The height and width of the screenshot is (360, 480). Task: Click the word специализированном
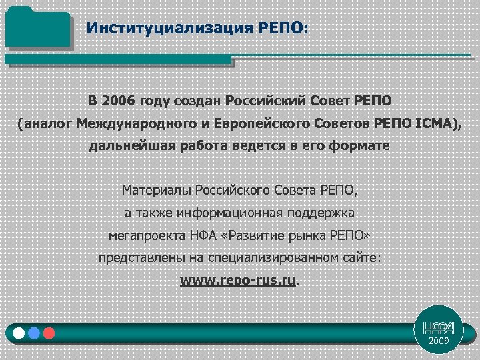(279, 258)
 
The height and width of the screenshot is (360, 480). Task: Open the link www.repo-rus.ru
(237, 281)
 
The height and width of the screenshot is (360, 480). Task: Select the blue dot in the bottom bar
(33, 332)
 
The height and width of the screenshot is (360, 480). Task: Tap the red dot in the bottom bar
(47, 332)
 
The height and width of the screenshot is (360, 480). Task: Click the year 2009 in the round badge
(439, 341)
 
